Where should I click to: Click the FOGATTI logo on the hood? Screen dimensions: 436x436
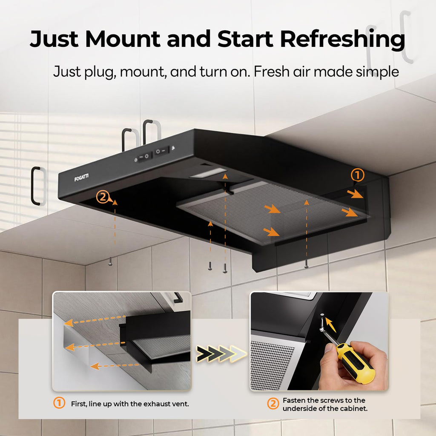tap(81, 177)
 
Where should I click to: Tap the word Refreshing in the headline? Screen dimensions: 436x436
tap(342, 39)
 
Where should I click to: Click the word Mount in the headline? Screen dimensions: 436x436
tap(122, 39)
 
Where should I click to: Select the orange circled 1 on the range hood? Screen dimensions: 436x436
tap(357, 175)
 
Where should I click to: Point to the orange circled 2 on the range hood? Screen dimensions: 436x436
tap(103, 197)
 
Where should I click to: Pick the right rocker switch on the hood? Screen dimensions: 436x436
tap(161, 151)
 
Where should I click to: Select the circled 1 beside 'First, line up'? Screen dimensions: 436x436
tap(59, 403)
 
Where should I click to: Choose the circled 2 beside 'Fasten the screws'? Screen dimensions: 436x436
tap(273, 404)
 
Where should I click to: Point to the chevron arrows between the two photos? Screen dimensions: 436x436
tap(221, 354)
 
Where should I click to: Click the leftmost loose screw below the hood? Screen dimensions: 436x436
tap(110, 261)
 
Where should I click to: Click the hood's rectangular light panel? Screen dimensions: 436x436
tap(208, 173)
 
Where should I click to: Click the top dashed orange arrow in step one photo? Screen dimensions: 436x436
tap(95, 320)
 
